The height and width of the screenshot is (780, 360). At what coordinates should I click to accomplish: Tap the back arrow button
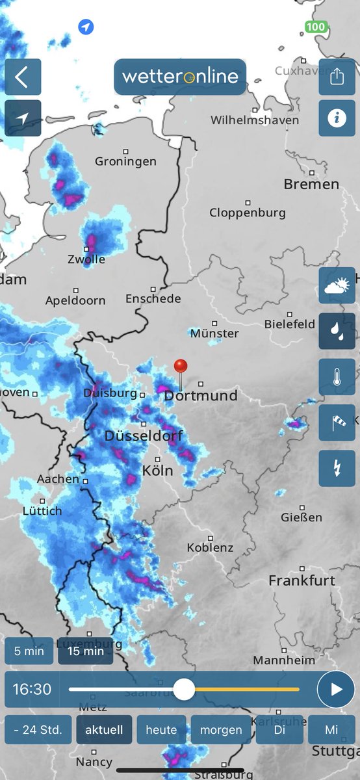(23, 77)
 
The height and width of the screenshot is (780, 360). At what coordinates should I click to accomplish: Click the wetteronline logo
(180, 77)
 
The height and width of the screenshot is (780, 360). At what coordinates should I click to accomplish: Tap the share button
(337, 77)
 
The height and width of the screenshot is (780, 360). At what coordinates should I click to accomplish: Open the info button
(337, 118)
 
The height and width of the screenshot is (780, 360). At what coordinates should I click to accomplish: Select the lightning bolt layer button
(337, 468)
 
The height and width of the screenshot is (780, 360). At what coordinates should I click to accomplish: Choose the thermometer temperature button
(337, 377)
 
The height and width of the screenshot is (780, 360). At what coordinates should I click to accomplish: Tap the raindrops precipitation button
(337, 331)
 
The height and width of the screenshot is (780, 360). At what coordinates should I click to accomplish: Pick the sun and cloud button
(337, 285)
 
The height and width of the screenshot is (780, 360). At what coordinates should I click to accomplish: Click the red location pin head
(181, 366)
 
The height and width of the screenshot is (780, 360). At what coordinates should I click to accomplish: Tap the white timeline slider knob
(185, 689)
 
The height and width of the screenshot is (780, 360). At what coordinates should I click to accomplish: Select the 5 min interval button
(29, 651)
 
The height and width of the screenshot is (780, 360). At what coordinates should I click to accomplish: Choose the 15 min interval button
(85, 651)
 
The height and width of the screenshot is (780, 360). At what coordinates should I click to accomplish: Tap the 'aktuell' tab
(104, 730)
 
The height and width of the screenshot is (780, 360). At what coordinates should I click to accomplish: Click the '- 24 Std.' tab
(38, 730)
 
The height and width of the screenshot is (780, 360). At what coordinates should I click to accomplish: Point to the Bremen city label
(311, 185)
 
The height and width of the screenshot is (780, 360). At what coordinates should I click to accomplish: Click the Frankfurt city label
(302, 580)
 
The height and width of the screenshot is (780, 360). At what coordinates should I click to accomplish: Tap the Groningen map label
(125, 161)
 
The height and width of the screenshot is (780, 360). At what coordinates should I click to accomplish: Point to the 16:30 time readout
(32, 689)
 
